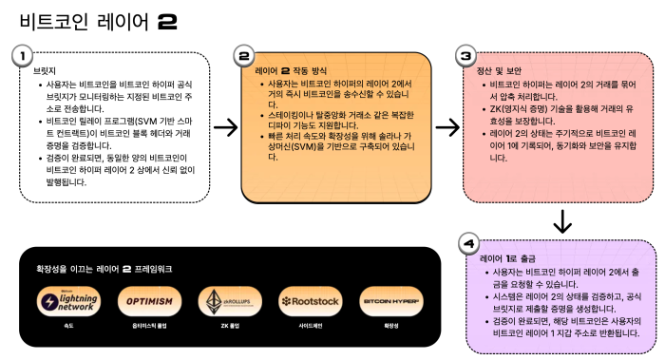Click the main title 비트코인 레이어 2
click(92, 20)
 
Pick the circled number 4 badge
click(466, 244)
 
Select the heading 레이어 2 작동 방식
click(294, 70)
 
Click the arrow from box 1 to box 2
click(226, 126)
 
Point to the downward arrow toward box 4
click(561, 221)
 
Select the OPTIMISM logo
click(147, 301)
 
